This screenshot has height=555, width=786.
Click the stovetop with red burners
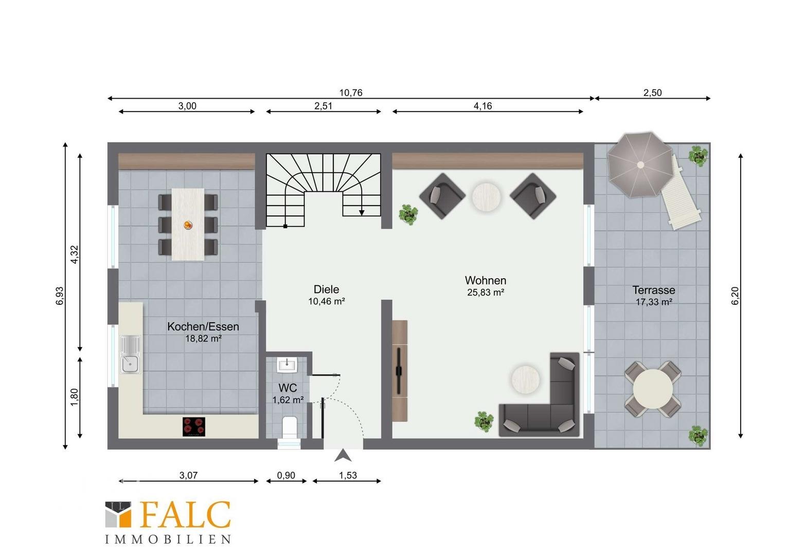pos(194,427)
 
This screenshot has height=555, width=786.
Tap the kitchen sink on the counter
pos(131,354)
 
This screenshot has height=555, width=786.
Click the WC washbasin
pos(287,365)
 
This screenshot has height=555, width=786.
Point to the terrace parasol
pos(640,165)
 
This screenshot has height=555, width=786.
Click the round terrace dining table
pos(653,388)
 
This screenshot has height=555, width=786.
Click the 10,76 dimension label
pos(350,92)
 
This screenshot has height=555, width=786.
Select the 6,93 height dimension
pos(60,295)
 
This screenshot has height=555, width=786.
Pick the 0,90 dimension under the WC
pos(286,475)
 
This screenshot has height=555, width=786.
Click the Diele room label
pos(326,289)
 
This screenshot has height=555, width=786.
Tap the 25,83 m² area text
pos(486,292)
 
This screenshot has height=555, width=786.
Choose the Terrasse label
pos(654,290)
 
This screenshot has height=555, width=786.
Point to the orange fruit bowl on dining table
pos(188,225)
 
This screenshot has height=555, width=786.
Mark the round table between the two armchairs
pos(486,197)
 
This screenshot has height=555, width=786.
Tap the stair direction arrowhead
pos(362,212)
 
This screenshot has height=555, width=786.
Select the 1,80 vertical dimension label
pos(75,397)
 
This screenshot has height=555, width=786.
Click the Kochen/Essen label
pos(203,326)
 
